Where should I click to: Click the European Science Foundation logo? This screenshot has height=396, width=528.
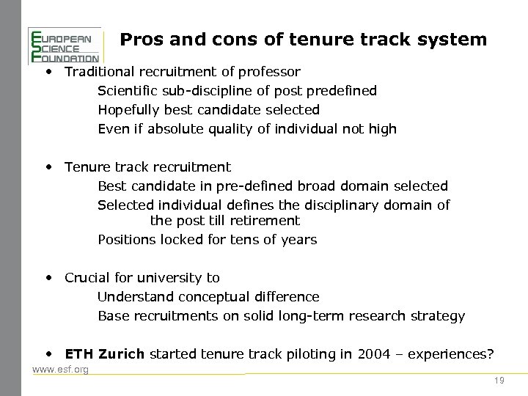pyautogui.click(x=64, y=45)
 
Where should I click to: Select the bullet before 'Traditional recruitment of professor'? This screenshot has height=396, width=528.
pyautogui.click(x=48, y=70)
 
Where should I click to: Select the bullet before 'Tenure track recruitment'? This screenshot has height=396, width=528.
pyautogui.click(x=48, y=166)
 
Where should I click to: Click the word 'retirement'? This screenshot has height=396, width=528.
pyautogui.click(x=265, y=220)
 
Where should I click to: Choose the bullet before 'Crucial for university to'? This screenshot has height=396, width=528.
pyautogui.click(x=48, y=276)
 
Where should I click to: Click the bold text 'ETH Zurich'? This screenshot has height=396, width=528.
pyautogui.click(x=105, y=354)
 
